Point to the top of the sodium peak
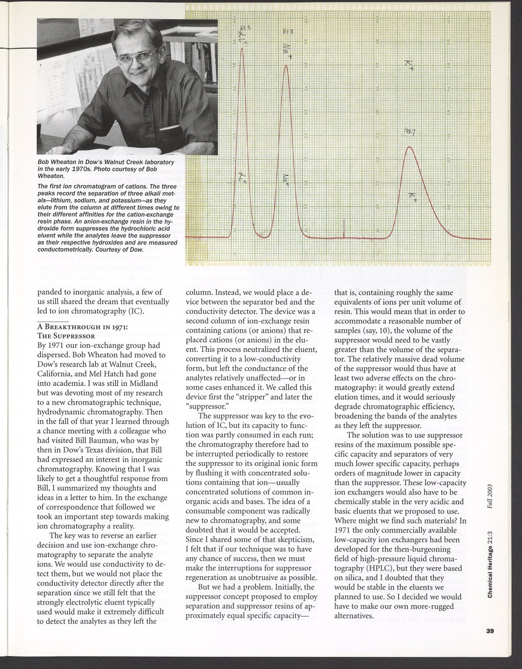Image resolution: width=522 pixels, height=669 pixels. (x=286, y=66)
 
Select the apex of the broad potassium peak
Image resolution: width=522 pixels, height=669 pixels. (x=409, y=147)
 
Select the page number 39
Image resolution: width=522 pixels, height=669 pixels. (x=492, y=644)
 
